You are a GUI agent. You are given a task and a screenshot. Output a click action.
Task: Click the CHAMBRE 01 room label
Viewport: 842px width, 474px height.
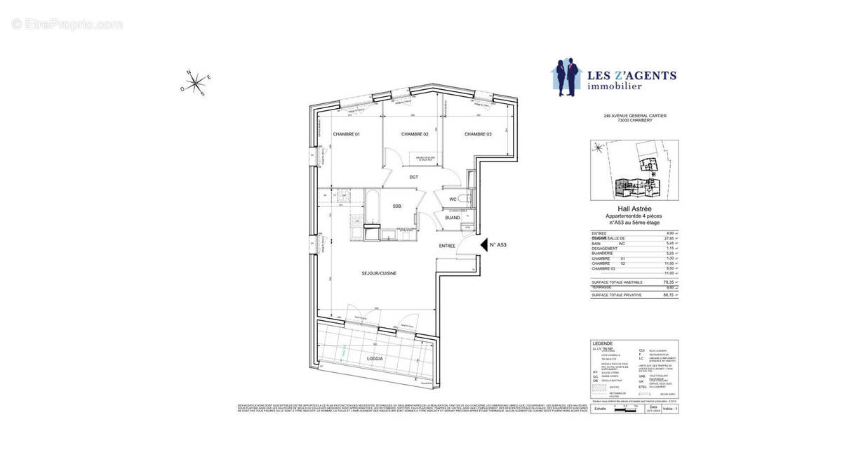coord(346,134)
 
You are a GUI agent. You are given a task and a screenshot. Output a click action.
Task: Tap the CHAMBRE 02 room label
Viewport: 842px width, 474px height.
coord(415,134)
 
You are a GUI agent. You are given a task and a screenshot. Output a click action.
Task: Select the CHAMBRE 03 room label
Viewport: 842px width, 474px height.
coord(477,134)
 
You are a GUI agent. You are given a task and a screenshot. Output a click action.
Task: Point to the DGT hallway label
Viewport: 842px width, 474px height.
coord(414,177)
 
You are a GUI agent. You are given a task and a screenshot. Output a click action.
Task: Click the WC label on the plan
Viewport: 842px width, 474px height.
coord(453,199)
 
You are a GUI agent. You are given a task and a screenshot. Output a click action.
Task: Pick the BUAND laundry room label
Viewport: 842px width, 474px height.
coord(453,218)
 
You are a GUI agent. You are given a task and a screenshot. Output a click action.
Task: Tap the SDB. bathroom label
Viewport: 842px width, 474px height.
coord(397,206)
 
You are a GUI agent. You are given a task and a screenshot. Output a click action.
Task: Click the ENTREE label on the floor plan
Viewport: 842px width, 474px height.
coord(448,246)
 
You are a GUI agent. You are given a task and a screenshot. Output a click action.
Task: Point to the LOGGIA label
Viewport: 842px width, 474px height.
coord(377,357)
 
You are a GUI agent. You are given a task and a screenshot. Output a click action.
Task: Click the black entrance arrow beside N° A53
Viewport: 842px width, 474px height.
coord(483,244)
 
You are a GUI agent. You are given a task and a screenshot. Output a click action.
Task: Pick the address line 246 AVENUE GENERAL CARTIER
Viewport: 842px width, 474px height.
coord(634,116)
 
